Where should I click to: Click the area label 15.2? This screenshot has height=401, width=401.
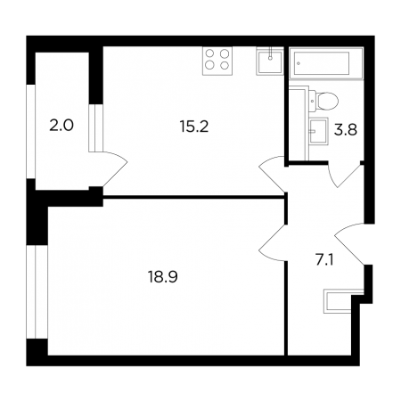[194, 127]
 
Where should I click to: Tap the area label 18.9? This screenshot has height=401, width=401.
[162, 277]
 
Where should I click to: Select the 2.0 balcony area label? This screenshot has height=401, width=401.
[61, 126]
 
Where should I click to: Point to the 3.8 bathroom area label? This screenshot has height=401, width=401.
[346, 130]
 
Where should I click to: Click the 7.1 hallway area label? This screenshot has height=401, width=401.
[324, 260]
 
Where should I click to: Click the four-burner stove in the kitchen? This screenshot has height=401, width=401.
[217, 61]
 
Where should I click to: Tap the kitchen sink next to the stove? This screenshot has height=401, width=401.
[270, 61]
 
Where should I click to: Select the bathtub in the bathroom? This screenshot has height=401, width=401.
[326, 63]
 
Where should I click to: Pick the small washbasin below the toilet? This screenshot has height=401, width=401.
[319, 131]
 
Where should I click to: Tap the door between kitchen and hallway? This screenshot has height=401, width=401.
[272, 174]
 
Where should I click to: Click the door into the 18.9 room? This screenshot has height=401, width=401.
[272, 243]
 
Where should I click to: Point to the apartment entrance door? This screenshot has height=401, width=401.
[349, 243]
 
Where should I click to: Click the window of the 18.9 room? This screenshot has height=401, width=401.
[37, 291]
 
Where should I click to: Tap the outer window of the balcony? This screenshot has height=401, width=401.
[31, 132]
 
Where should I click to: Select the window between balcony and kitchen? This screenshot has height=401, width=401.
[95, 128]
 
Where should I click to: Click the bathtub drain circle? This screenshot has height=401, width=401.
[299, 63]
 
